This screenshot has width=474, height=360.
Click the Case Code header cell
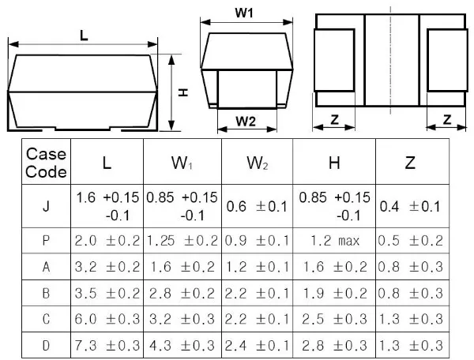47,163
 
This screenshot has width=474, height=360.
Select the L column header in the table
107,163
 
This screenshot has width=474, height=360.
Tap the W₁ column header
182,163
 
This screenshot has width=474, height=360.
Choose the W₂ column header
257,163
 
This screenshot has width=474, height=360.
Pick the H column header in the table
335,163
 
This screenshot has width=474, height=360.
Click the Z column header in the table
409,163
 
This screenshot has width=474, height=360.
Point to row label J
47,207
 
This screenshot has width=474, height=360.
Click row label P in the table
47,239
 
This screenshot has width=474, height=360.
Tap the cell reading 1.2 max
335,239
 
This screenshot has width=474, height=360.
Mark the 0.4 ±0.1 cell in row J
409,207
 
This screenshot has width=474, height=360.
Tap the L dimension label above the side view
84,34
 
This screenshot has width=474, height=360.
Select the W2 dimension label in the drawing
246,122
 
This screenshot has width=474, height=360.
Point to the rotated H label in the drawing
182,92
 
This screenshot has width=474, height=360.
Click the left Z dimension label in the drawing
333,120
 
